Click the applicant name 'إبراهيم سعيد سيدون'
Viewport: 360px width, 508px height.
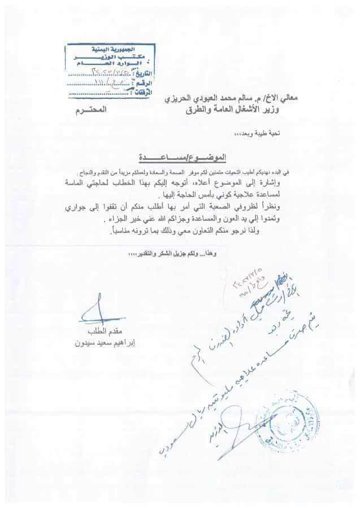point(94,342)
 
